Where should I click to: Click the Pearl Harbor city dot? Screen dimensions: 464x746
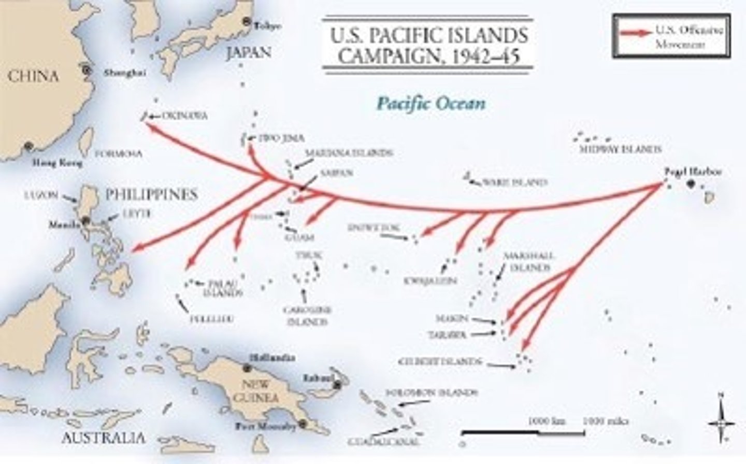click(691, 184)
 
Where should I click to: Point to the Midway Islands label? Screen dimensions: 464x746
click(620, 149)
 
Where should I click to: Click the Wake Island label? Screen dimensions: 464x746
click(514, 182)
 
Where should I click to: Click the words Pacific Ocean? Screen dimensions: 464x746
click(431, 103)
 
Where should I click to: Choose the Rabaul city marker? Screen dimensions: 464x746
click(338, 385)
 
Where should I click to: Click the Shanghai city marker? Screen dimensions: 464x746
click(87, 69)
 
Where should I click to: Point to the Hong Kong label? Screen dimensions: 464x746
click(58, 163)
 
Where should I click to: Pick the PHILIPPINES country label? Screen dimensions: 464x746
click(151, 194)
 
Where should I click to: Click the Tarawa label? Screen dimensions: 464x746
click(447, 335)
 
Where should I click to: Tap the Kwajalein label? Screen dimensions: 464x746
click(431, 280)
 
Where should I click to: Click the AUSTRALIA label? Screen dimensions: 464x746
click(103, 438)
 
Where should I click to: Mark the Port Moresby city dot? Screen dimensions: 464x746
click(303, 425)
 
